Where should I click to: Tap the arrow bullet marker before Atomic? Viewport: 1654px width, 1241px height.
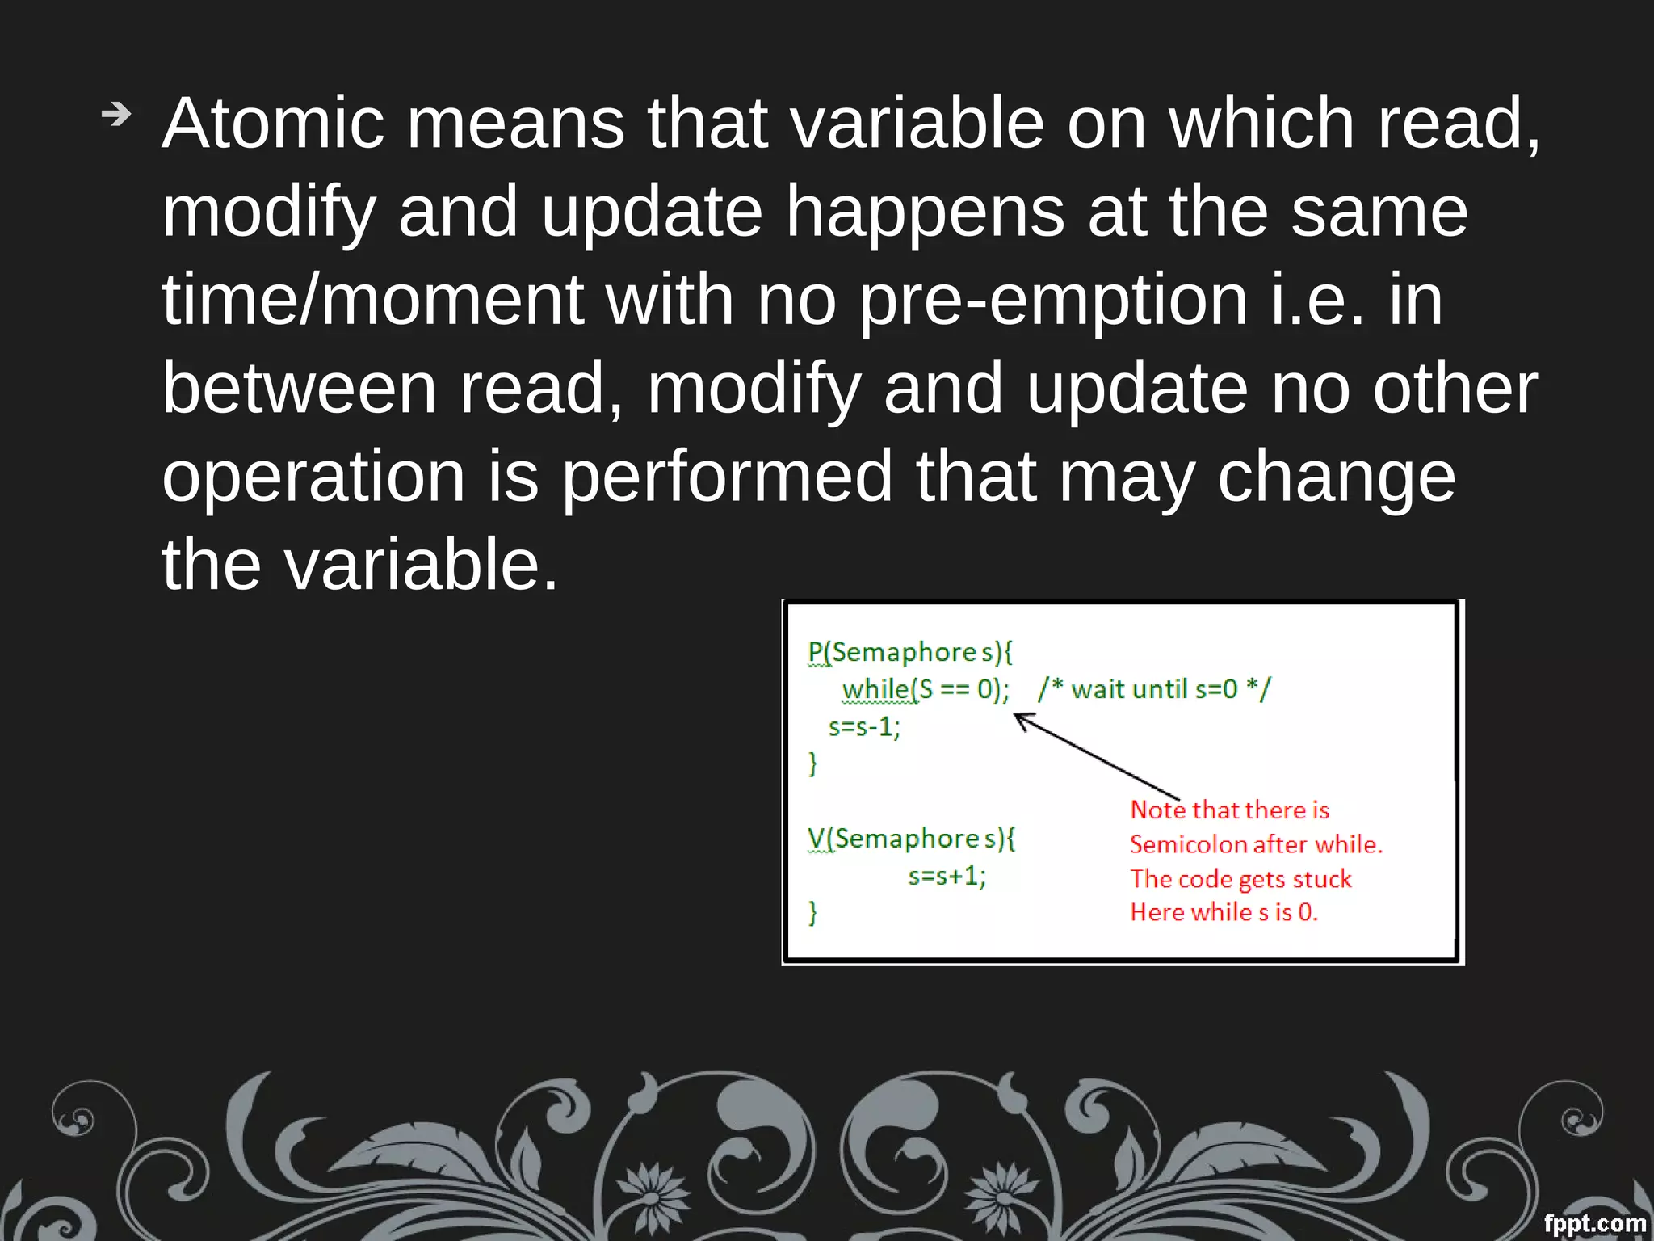coord(116,115)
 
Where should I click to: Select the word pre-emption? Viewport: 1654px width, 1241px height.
coord(1053,301)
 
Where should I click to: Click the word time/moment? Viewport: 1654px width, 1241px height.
coord(372,300)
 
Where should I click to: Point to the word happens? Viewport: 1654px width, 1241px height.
coord(926,212)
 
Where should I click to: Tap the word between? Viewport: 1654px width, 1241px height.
coord(300,389)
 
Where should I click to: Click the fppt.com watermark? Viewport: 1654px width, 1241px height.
coord(1594,1223)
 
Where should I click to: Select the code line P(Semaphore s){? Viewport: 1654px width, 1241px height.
coord(910,652)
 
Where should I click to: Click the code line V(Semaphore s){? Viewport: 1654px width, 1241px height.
coord(912,839)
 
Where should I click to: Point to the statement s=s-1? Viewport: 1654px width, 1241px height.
coord(864,727)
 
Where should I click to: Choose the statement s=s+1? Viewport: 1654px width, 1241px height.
coord(947,876)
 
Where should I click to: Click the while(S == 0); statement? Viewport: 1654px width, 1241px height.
coord(926,689)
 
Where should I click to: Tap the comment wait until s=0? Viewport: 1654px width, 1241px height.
coord(1154,689)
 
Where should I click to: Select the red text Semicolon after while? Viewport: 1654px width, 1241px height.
coord(1256,844)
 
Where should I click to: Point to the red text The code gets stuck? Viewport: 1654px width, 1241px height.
coord(1240,878)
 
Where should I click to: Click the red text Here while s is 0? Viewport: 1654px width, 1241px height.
coord(1224,912)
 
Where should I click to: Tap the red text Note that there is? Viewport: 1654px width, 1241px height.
coord(1229,810)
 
